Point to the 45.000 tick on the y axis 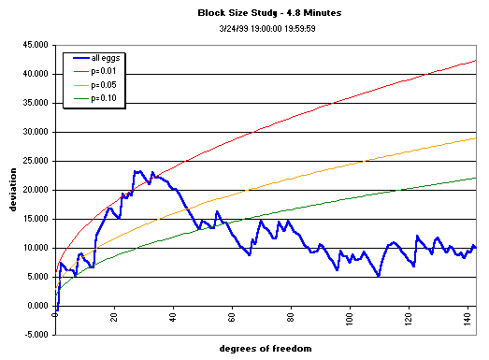click(x=36, y=45)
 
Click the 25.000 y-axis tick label click(x=36, y=161)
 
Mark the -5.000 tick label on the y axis click(x=36, y=335)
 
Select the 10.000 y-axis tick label click(x=36, y=248)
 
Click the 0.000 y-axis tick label click(x=37, y=306)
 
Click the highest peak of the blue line click(x=137, y=172)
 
